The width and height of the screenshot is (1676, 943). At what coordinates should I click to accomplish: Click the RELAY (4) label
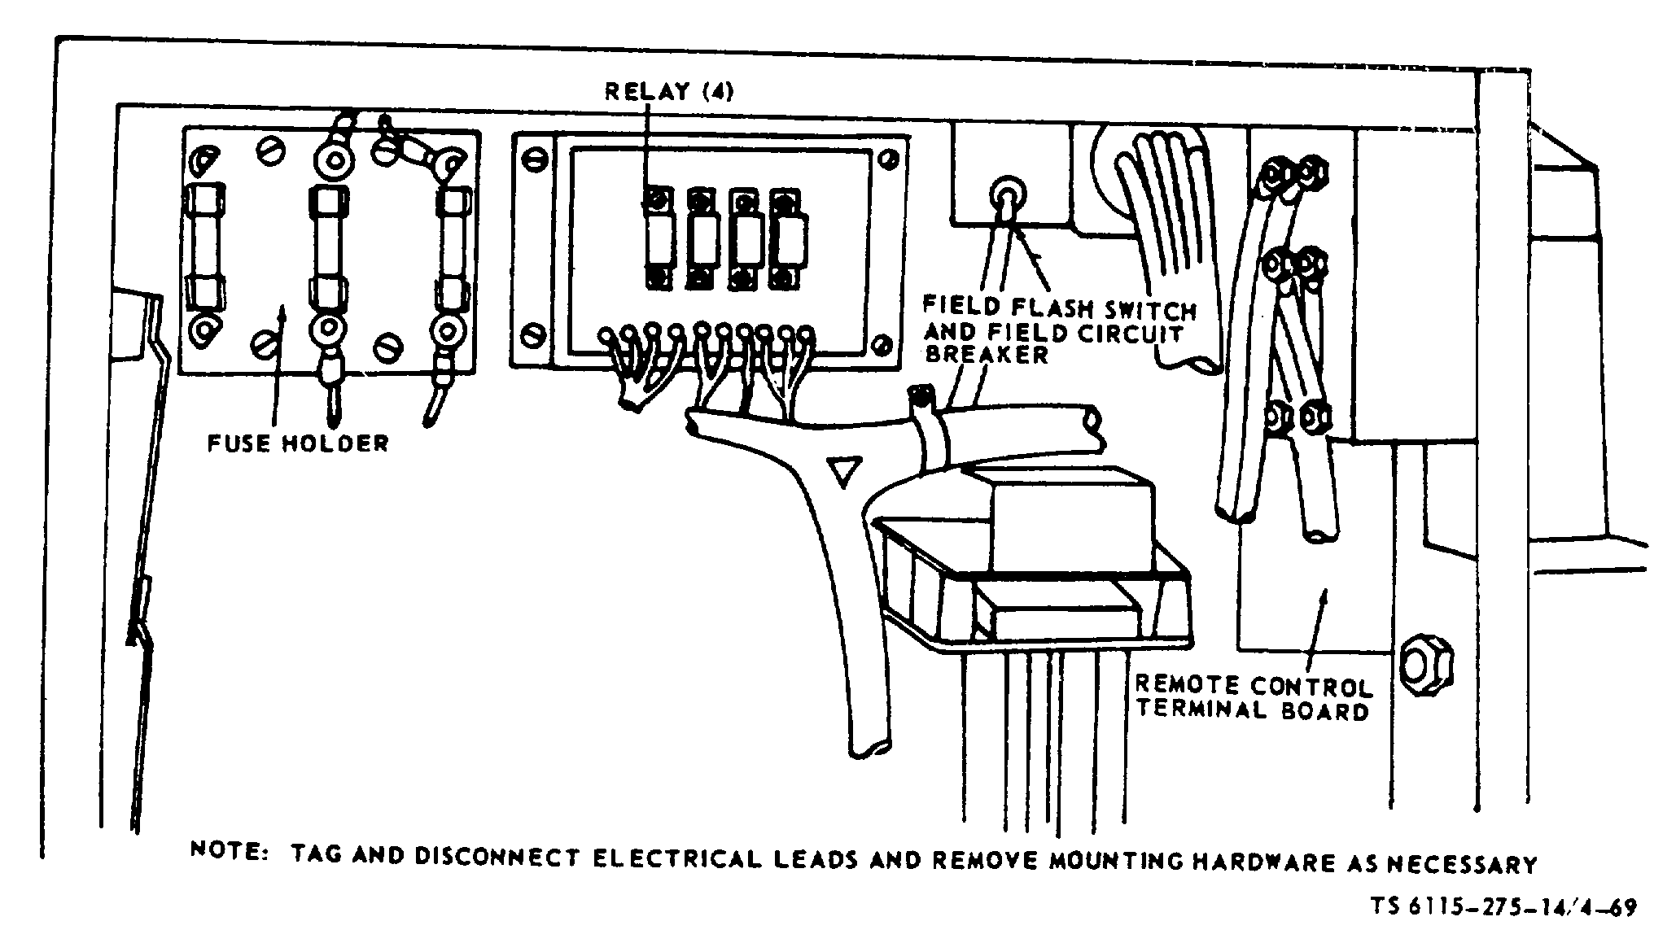668,91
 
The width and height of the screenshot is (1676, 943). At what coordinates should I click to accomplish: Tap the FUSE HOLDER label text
297,443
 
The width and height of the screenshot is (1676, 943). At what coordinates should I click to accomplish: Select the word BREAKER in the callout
986,356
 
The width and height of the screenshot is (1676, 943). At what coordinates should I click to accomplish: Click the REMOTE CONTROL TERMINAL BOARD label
1253,698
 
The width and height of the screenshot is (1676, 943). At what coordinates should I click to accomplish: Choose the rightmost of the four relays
785,240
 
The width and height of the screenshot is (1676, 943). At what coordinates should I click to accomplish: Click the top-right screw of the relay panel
889,158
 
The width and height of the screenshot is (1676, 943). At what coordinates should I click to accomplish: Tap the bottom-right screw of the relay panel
882,346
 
